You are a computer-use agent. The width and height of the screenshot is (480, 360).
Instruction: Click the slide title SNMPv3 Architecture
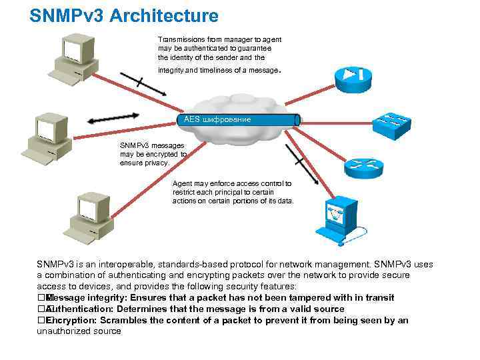tap(123, 15)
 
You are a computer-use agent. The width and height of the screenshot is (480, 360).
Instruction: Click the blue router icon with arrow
tap(353, 75)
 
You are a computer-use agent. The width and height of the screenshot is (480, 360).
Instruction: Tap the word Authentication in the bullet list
tap(83, 309)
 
